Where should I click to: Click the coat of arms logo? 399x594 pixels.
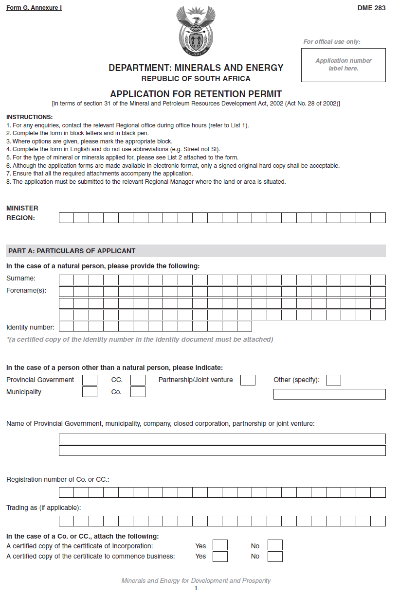pos(196,30)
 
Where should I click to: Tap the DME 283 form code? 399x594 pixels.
pos(371,8)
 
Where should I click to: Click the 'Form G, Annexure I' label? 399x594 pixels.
pos(34,8)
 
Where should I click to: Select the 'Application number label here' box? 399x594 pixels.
pos(344,65)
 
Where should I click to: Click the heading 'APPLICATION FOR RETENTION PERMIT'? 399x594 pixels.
pos(196,94)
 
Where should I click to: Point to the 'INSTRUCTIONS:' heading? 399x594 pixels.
pos(30,117)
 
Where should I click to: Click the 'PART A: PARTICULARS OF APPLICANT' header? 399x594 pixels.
pos(72,251)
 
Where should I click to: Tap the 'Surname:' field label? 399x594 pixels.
pos(21,279)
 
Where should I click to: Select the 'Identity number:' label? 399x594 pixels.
pos(31,327)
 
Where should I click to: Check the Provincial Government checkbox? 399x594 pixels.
pos(90,380)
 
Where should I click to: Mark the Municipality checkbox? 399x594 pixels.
pos(90,392)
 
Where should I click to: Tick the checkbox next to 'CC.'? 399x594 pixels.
pos(138,380)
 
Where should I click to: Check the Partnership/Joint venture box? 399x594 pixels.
pos(248,380)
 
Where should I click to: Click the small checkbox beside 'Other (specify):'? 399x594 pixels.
pos(333,380)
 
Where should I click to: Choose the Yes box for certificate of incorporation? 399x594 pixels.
pos(220,545)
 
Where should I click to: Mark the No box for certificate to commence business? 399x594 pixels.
pos(275,557)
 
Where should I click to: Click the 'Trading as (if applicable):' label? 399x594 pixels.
pos(44,508)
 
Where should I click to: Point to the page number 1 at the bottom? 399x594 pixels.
pos(196,589)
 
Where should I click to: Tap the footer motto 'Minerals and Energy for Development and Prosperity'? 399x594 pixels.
pos(196,581)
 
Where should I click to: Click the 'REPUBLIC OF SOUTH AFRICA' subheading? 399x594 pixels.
pos(196,79)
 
